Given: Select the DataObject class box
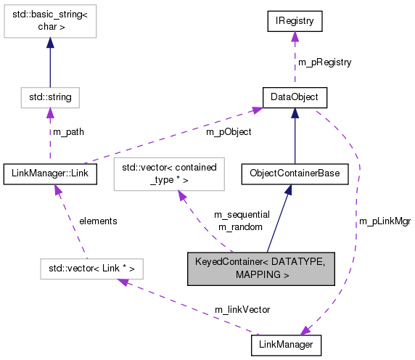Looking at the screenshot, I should click(x=294, y=97).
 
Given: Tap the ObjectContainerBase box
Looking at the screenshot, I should click(x=294, y=173).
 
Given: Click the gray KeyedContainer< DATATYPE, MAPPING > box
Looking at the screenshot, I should click(x=260, y=268).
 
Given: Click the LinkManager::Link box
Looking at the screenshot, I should click(x=49, y=173).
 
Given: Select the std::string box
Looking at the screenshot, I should click(x=49, y=97).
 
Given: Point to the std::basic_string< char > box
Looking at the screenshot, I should click(x=49, y=27).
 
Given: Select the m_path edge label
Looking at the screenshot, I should click(x=68, y=132).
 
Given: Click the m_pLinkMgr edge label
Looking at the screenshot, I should click(x=385, y=221).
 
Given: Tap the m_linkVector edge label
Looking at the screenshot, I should click(x=242, y=309).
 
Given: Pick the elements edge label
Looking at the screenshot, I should click(x=98, y=221).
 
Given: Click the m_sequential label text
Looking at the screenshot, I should click(x=242, y=215).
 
